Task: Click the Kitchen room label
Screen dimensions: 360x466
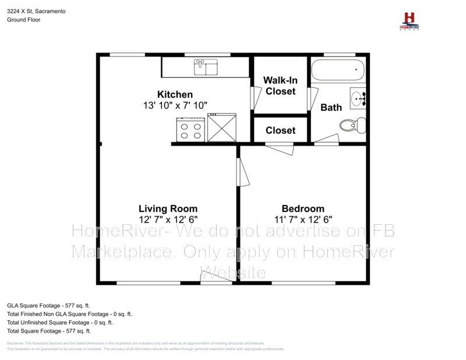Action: pos(175,94)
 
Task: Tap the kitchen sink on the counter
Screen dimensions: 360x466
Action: pos(206,66)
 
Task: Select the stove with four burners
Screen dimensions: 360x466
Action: pos(191,129)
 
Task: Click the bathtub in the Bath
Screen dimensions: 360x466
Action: pos(338,71)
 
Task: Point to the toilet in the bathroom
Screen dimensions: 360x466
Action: pos(353,125)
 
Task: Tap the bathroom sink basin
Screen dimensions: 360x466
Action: pos(358,98)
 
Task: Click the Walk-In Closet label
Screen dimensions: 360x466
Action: pos(280,86)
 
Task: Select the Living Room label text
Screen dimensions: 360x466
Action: pos(168,209)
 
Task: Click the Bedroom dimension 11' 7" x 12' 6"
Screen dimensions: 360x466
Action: pos(303,220)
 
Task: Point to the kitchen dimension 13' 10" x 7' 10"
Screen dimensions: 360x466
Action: pos(175,105)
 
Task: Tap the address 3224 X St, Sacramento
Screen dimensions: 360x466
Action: pos(36,10)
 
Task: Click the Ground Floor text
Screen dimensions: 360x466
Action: pos(23,19)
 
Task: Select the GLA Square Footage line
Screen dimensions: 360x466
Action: pos(48,305)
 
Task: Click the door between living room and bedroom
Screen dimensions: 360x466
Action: pos(241,172)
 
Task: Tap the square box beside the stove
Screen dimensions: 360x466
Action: pos(221,129)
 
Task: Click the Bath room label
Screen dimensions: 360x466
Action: pos(331,107)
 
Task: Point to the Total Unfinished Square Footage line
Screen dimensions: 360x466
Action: pos(59,322)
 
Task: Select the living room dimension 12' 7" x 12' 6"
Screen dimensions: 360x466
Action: pos(168,220)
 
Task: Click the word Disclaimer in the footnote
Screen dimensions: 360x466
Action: pos(16,343)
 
